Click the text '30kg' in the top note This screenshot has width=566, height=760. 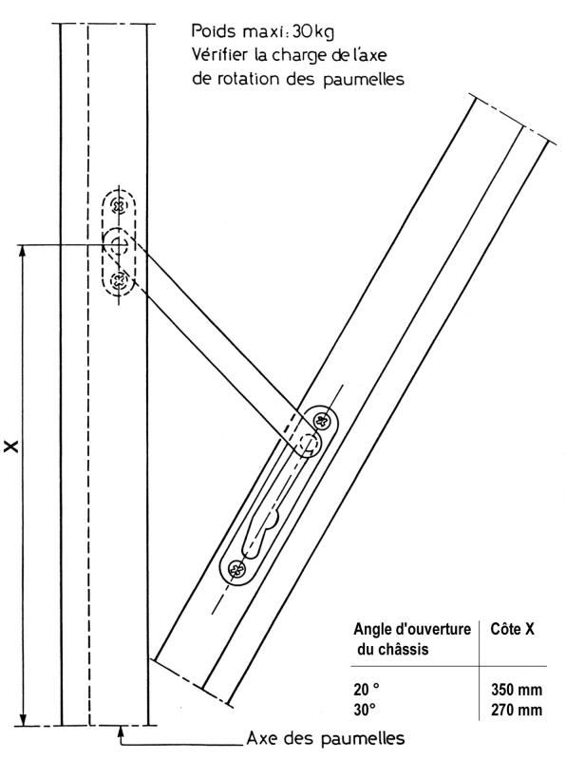coord(313,32)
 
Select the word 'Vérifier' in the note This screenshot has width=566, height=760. coord(220,54)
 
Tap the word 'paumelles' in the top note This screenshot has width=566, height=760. coord(364,79)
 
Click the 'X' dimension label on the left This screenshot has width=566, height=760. coord(11,446)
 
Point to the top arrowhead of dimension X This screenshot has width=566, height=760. coord(22,251)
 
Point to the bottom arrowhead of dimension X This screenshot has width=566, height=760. coord(22,719)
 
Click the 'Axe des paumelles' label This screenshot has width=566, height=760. coord(326,739)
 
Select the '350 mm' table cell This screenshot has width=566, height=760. coord(517,690)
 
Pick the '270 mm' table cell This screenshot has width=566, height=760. coord(517,710)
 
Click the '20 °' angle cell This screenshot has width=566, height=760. coord(367,690)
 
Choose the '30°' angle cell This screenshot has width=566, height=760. coord(365,710)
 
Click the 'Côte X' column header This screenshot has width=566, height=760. coord(512,629)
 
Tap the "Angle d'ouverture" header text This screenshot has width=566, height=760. coord(412,629)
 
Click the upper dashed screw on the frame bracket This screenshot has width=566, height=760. coord(119,206)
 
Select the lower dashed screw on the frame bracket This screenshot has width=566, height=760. coord(119,279)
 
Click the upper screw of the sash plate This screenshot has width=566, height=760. coord(321,420)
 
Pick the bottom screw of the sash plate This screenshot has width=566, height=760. coord(237,568)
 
